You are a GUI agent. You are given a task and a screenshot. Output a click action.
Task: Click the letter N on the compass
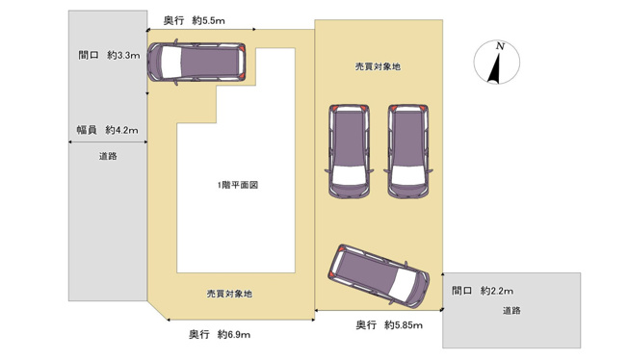499,45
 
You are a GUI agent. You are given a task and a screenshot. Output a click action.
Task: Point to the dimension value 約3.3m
122,56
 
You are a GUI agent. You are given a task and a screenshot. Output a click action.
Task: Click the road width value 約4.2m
121,130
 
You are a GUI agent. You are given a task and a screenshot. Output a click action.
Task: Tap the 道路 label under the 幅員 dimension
108,156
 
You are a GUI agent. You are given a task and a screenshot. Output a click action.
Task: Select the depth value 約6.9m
234,334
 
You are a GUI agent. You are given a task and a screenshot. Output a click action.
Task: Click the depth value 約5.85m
403,324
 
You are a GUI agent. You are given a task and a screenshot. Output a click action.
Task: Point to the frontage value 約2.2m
495,291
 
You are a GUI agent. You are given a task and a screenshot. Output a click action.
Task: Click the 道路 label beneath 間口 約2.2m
510,311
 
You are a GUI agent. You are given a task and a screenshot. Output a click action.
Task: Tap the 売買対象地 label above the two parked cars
377,66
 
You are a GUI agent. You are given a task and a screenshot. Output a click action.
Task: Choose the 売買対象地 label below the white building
229,294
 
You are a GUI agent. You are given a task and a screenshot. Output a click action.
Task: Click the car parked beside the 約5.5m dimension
197,64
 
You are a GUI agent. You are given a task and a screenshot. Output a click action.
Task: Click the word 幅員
86,130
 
